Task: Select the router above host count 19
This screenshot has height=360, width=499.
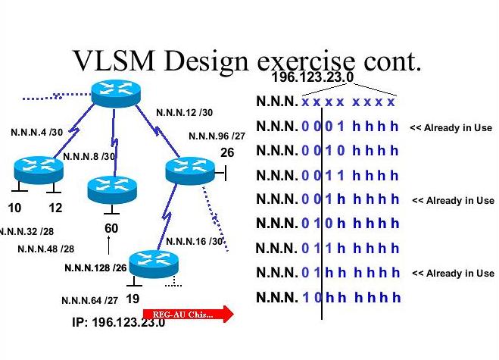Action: coord(153,264)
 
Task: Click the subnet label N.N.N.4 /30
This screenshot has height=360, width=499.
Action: coord(36,132)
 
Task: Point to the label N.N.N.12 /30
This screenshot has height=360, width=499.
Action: coord(184,113)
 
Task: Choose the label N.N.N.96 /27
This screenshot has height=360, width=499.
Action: coord(217,136)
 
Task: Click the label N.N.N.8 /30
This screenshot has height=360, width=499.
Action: coord(89,157)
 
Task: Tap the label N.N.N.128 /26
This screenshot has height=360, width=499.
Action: coord(95,268)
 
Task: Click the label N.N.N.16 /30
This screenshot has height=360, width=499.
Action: coord(195,242)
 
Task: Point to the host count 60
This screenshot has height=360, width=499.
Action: coord(111,228)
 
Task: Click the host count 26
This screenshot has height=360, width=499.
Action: coord(227,153)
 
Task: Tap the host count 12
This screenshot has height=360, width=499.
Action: coord(55,208)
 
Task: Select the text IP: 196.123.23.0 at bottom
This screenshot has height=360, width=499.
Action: coord(118,322)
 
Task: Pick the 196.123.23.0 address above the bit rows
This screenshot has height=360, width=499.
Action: coord(310,77)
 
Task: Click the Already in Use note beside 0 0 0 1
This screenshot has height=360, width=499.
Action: coord(451,128)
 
